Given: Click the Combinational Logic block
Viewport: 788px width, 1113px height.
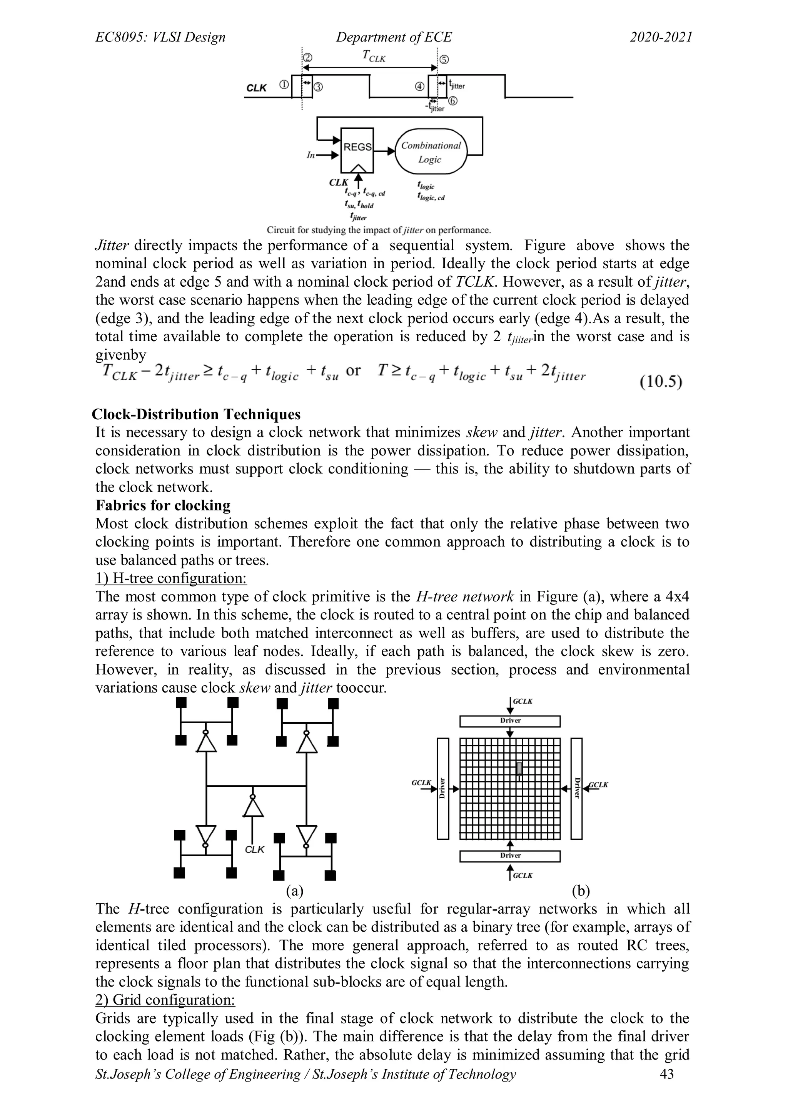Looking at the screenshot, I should click(429, 152).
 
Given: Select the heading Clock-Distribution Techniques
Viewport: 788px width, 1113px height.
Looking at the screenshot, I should click(196, 414).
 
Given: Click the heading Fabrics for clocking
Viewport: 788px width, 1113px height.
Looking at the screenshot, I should click(163, 506).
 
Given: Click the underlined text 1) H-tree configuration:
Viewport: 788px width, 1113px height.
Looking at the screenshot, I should click(171, 578).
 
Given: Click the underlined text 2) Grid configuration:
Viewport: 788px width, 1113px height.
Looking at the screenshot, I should click(165, 1000).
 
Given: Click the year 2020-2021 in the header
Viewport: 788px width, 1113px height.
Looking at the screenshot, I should click(661, 37).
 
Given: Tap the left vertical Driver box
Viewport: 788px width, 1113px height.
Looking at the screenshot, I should click(442, 788).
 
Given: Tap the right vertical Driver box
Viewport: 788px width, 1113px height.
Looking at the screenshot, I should click(576, 788).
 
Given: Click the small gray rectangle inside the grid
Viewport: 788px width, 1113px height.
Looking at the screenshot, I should click(519, 769).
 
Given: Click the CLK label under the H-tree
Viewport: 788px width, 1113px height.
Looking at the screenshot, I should click(254, 850).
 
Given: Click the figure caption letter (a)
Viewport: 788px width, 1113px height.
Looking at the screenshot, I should click(294, 890).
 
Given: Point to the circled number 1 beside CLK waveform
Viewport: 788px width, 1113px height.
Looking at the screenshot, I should click(284, 84).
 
